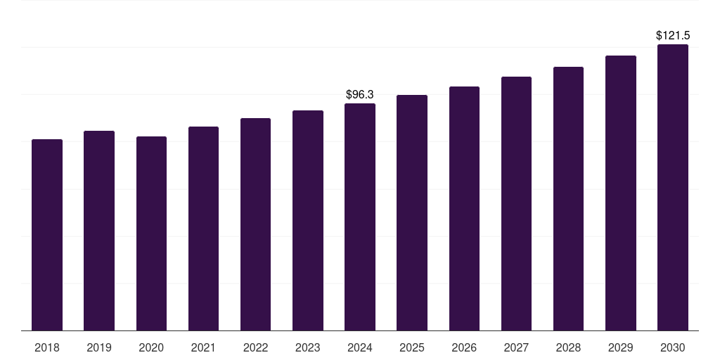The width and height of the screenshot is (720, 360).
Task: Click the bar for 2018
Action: (x=47, y=235)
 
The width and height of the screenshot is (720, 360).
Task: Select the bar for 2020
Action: (x=151, y=233)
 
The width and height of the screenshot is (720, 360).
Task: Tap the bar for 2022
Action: (x=255, y=224)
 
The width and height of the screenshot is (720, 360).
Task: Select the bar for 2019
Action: (x=99, y=231)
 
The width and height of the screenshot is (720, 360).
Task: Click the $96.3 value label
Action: (x=360, y=94)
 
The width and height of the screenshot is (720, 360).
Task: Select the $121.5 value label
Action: (x=672, y=35)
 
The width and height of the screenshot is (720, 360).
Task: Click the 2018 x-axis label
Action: (x=47, y=347)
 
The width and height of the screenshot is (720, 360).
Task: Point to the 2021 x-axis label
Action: (x=203, y=347)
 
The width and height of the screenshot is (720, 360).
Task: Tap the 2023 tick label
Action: (x=307, y=347)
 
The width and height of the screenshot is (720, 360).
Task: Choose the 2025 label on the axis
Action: (x=412, y=347)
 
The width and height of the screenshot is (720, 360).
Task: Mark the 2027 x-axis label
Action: (x=516, y=347)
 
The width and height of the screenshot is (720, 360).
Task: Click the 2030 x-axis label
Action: (x=672, y=347)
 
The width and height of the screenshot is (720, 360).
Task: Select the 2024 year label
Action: (x=360, y=347)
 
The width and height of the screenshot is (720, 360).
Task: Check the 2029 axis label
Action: (x=620, y=347)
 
